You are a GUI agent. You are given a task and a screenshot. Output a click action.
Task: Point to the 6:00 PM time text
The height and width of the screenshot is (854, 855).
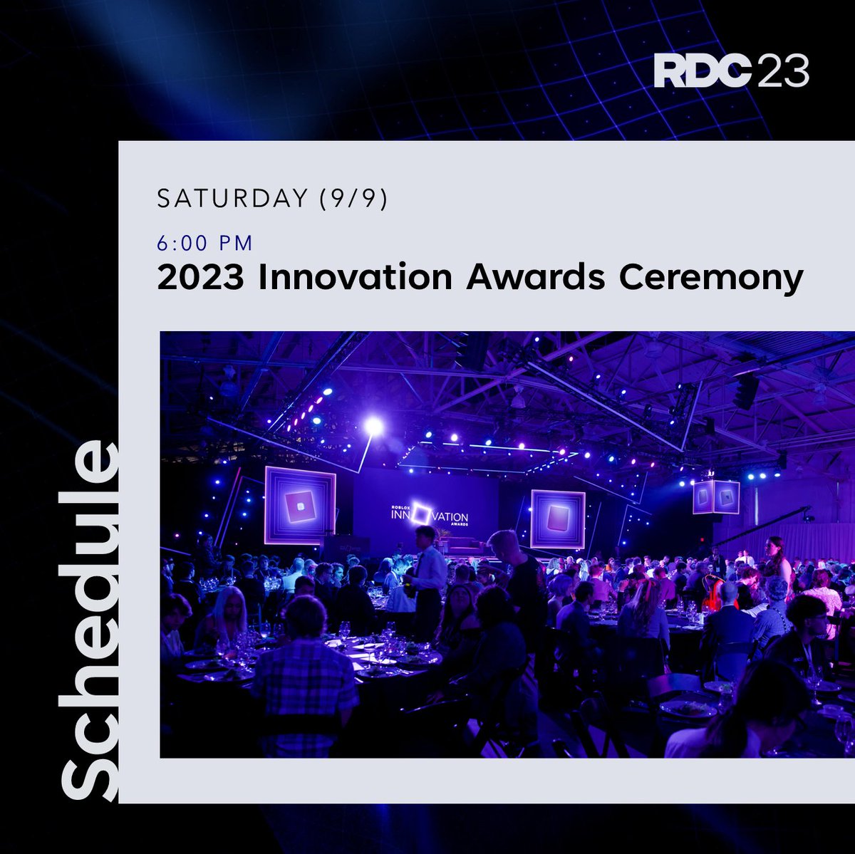coord(205,244)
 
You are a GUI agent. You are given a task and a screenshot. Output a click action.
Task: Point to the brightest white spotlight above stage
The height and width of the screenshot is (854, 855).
coord(373,426)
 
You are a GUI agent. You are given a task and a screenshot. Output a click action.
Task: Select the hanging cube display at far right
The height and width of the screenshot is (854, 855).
coord(716,496)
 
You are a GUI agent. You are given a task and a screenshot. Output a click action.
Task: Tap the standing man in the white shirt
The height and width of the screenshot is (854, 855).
coord(428,570)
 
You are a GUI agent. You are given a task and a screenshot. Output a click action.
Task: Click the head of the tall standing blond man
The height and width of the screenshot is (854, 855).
coord(502,543)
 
